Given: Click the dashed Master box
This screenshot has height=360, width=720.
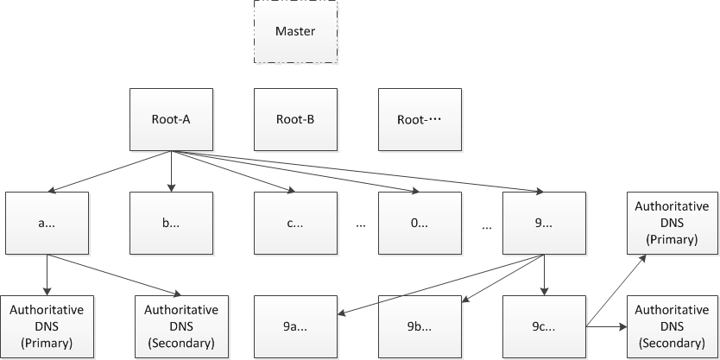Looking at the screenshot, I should [x=295, y=31].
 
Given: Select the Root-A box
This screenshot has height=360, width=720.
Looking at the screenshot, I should [x=171, y=118].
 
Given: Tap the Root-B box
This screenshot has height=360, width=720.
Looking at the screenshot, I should [x=295, y=118].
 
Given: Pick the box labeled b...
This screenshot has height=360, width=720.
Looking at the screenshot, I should [x=171, y=223].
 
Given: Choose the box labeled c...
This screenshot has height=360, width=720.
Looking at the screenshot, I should [x=295, y=223].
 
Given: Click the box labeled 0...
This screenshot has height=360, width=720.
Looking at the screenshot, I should [x=420, y=223].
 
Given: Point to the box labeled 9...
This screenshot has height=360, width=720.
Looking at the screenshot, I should [x=544, y=223].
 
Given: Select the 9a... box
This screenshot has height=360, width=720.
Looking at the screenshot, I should [x=295, y=327].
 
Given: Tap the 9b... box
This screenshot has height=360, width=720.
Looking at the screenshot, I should [x=420, y=327].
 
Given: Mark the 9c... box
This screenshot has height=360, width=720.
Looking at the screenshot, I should [x=544, y=327].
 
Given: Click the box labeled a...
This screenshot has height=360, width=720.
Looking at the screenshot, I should [x=47, y=223].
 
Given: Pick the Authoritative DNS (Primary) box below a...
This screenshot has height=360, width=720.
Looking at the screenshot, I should [x=47, y=327].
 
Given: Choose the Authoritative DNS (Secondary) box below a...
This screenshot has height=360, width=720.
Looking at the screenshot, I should [x=181, y=327].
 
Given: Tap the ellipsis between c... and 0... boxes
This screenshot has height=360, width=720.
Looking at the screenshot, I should [x=361, y=225].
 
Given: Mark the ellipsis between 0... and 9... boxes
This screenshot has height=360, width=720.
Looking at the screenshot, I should [x=487, y=225].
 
